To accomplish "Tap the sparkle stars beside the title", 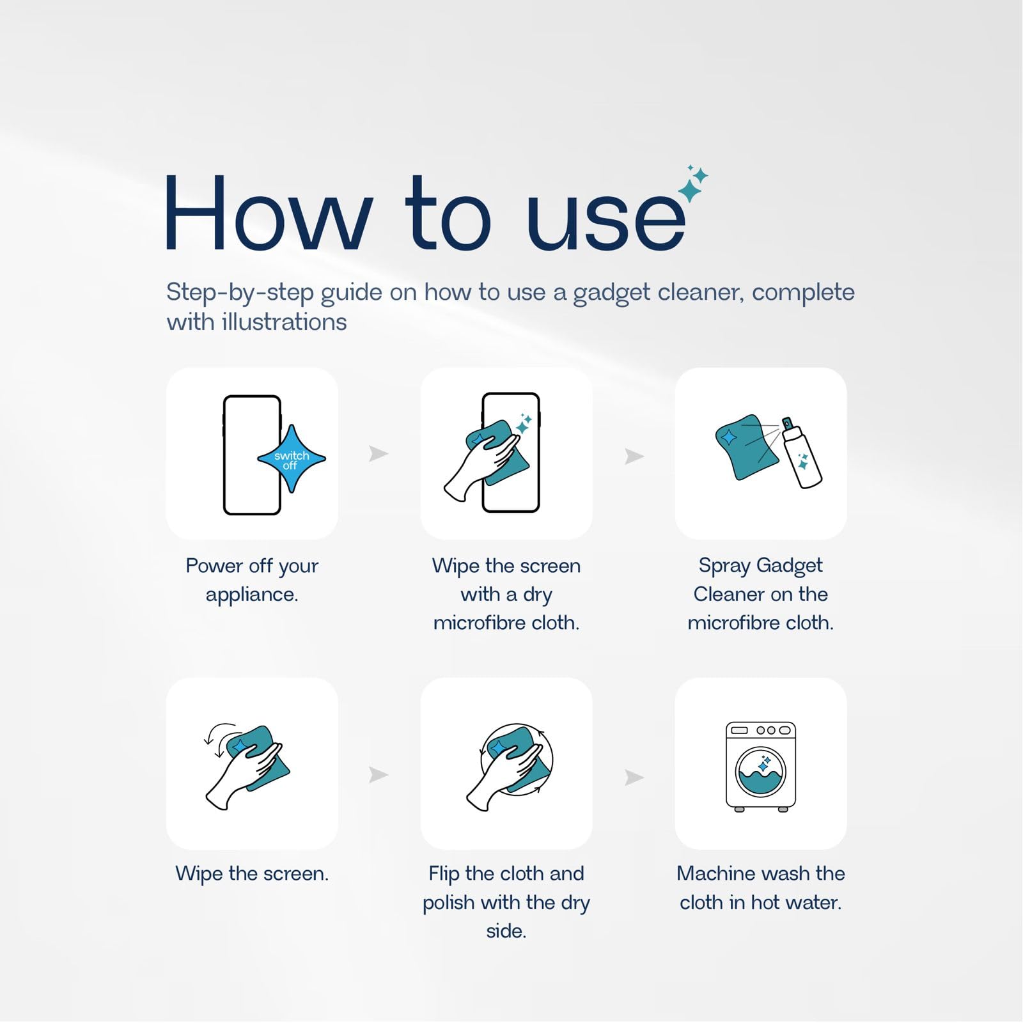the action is pyautogui.click(x=693, y=184).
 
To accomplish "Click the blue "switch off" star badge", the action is pyautogui.click(x=292, y=459).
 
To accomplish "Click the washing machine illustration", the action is pyautogui.click(x=761, y=767).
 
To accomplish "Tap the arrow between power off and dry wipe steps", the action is pyautogui.click(x=379, y=454).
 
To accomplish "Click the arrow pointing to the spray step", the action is pyautogui.click(x=634, y=456).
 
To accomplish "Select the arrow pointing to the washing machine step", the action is pyautogui.click(x=634, y=777).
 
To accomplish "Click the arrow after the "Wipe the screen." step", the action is pyautogui.click(x=379, y=775).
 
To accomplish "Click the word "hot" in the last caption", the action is pyautogui.click(x=769, y=902).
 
